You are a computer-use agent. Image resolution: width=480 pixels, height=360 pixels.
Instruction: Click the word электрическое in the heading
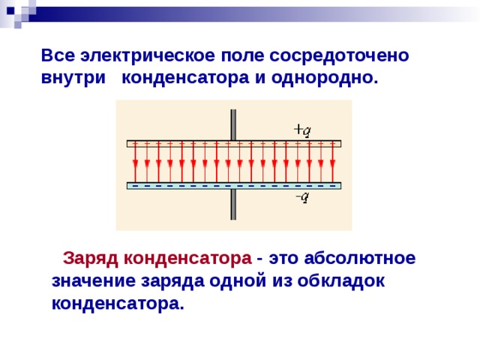click(148, 56)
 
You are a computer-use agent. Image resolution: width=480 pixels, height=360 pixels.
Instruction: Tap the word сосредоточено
click(339, 56)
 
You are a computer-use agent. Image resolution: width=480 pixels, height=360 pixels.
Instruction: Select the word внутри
click(73, 78)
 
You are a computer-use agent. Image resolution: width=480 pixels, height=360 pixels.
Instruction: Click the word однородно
click(325, 78)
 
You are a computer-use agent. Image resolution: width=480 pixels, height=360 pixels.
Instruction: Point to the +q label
click(302, 130)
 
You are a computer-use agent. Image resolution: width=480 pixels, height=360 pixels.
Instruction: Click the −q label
click(302, 197)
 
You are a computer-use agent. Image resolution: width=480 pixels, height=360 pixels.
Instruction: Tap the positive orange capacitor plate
click(234, 143)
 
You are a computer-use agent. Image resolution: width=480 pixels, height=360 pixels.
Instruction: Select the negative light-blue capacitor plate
click(234, 186)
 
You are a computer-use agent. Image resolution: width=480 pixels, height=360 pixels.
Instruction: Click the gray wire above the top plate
click(233, 125)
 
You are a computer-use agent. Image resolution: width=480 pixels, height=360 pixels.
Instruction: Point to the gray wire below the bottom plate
click(233, 205)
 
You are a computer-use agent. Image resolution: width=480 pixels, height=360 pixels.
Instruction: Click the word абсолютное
click(360, 258)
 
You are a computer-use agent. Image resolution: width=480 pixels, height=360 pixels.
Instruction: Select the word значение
click(94, 281)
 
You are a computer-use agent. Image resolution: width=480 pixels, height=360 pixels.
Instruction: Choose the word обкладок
click(341, 280)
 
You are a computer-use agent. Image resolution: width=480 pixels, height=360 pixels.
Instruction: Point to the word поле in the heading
click(242, 56)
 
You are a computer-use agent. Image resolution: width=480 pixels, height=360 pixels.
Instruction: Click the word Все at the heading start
click(58, 55)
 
